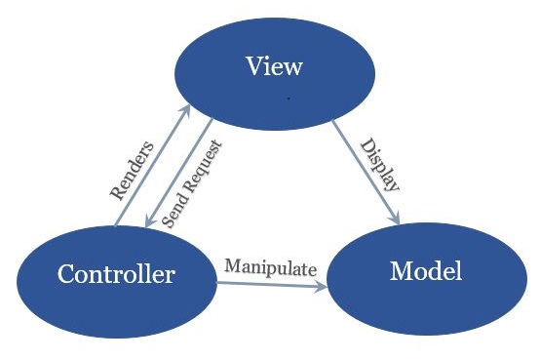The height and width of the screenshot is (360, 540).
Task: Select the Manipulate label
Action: (271, 265)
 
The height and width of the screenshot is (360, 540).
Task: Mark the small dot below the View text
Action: (289, 100)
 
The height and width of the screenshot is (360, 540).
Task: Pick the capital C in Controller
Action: (65, 275)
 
